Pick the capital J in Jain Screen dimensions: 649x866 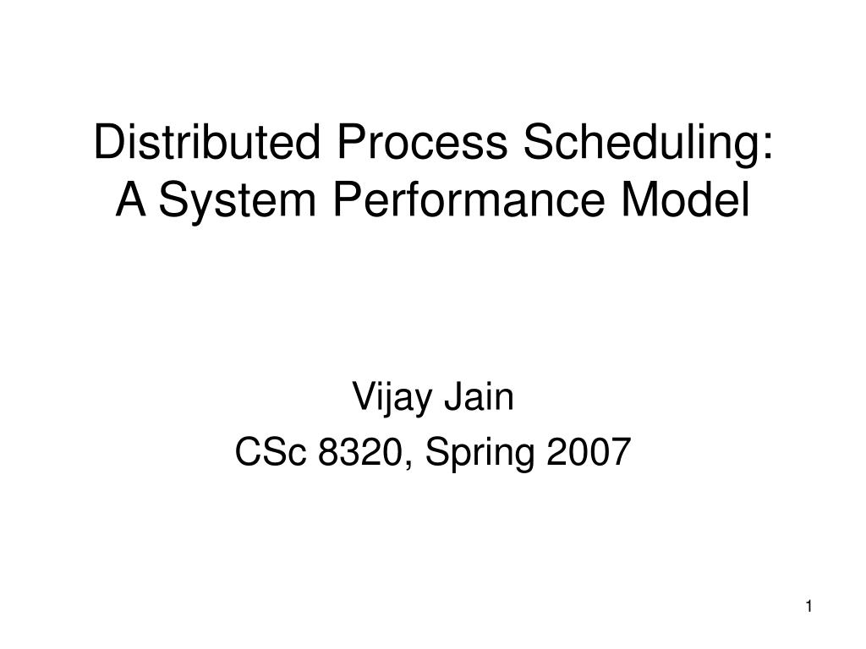[x=455, y=396]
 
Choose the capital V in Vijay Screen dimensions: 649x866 [x=361, y=396]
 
